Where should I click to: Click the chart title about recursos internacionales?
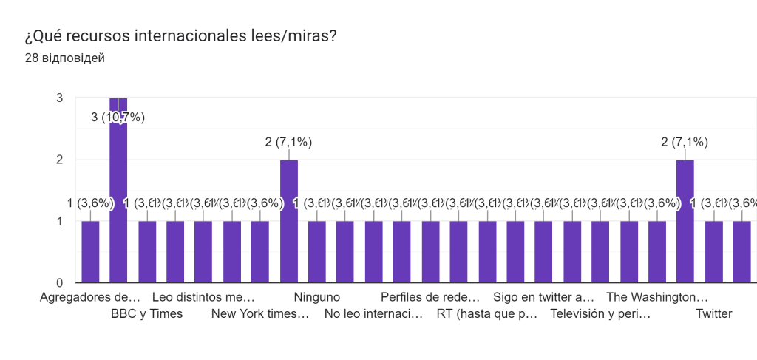[x=181, y=35]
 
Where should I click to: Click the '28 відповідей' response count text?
[x=64, y=58]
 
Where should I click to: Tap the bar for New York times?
[x=289, y=221]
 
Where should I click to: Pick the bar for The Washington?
[x=685, y=221]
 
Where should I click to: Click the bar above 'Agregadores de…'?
[x=90, y=251]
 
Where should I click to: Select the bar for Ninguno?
[x=317, y=251]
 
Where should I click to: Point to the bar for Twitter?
[x=713, y=251]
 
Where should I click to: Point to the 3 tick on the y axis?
[x=59, y=98]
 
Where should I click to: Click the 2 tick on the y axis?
[x=59, y=160]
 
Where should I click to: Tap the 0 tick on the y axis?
[x=59, y=282]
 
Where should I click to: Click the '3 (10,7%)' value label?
[x=118, y=117]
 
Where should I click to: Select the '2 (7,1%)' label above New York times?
[x=288, y=143]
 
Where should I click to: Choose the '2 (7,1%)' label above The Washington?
[x=685, y=143]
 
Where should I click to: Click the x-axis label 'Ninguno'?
[x=316, y=297]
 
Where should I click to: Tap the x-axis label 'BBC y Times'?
[x=146, y=313]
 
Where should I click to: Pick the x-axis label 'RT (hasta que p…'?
[x=486, y=313]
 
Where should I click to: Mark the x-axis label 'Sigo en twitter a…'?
[x=543, y=297]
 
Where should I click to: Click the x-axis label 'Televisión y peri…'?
[x=600, y=313]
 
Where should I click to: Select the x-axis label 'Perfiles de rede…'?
[x=430, y=297]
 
